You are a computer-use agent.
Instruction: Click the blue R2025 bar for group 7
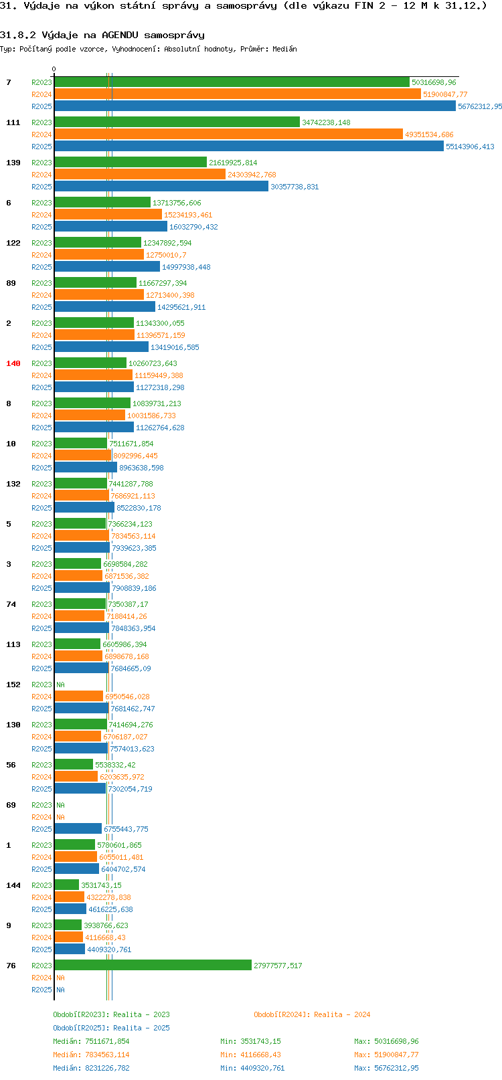coord(255,106)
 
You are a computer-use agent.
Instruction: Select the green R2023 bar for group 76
coord(153,966)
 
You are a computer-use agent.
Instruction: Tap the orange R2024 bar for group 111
coord(228,134)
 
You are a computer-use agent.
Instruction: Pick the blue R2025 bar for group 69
coord(78,829)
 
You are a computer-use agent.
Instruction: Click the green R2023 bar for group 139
coord(131,163)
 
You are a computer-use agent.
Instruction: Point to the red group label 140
coord(13,363)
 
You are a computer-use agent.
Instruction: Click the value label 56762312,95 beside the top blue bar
coord(480,106)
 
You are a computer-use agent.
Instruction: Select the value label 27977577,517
coord(278,966)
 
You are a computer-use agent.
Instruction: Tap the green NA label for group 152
coord(60,685)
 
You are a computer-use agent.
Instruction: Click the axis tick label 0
coord(54,69)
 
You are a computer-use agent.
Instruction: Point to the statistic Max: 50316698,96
coord(386,1041)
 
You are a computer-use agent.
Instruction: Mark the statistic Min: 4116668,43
coord(250,1055)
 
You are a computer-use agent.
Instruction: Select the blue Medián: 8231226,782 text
coord(91,1069)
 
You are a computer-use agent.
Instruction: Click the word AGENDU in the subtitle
coord(120,35)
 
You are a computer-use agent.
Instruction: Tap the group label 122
coord(13,243)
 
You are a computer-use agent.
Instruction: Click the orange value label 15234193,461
coord(188,215)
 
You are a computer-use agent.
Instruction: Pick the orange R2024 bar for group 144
coord(70,897)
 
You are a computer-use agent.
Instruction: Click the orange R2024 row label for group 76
coord(41,978)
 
